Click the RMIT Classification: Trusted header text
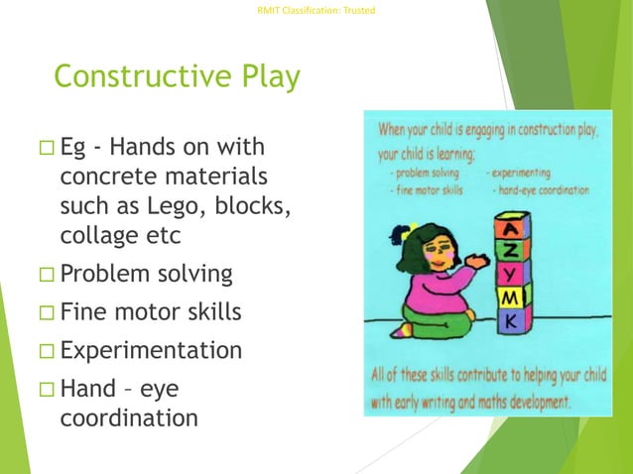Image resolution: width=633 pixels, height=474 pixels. (x=316, y=11)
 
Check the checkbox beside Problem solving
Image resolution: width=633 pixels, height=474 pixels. (x=47, y=275)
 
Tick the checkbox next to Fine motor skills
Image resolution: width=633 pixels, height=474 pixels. (x=47, y=313)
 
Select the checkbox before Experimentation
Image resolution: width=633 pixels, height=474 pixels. (x=47, y=352)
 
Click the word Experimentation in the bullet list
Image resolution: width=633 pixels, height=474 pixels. (x=151, y=351)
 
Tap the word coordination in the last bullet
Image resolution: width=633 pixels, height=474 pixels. (x=129, y=417)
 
